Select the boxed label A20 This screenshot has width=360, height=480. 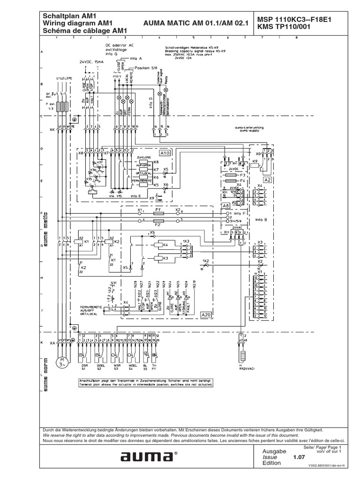coord(206,315)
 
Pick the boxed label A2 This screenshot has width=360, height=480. coord(268,179)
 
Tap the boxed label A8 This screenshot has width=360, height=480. coord(226,205)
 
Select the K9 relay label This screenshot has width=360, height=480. coord(255,161)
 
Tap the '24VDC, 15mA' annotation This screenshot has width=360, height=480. coord(90,61)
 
